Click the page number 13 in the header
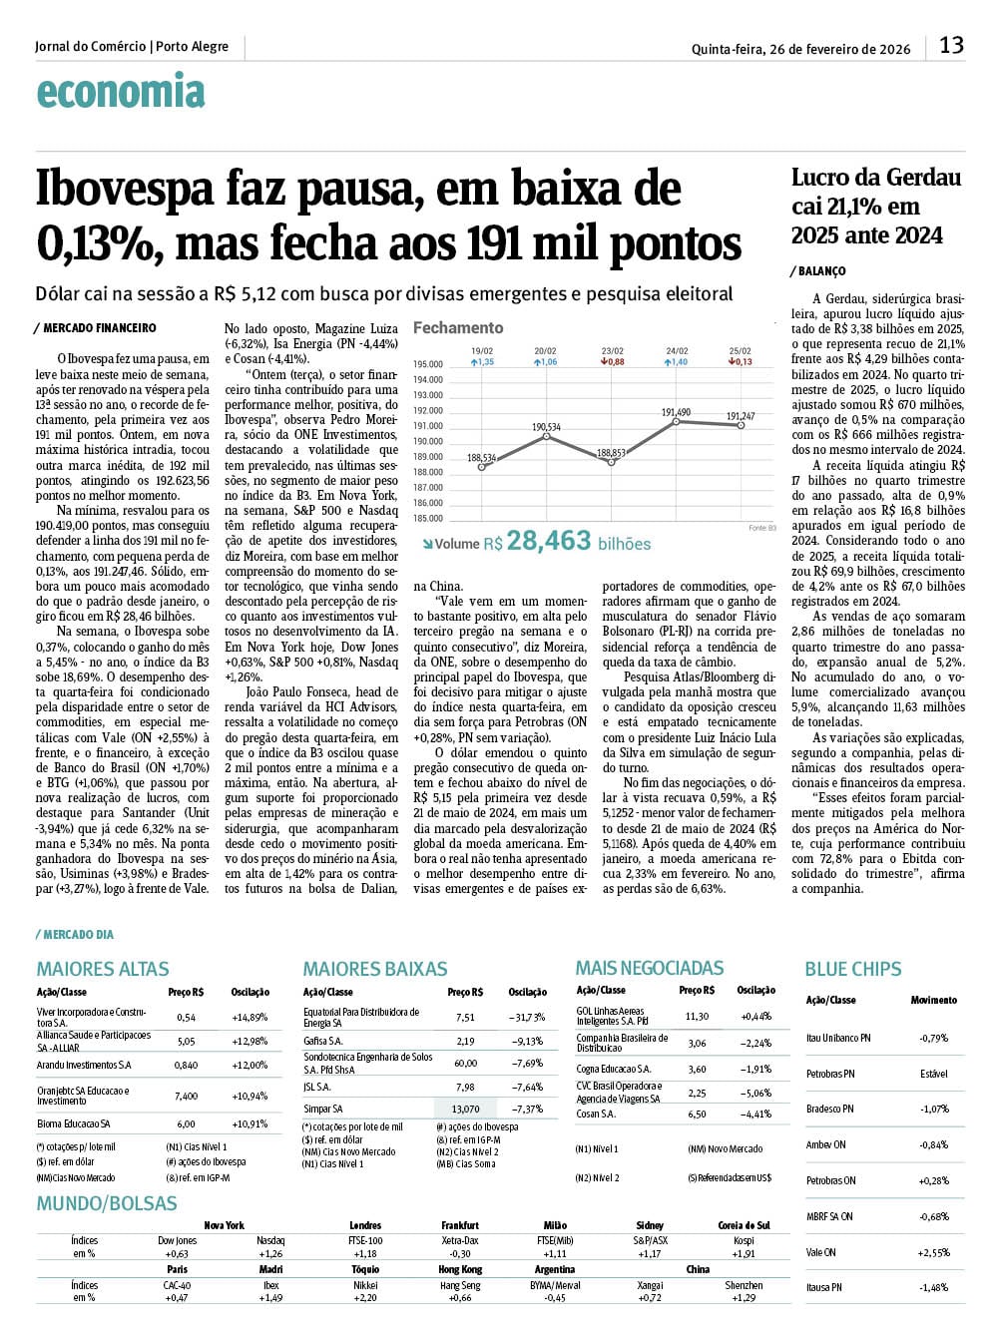click(951, 45)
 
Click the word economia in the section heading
click(121, 92)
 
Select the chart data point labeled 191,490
click(677, 421)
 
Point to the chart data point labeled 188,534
click(482, 467)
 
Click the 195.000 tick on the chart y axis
click(427, 364)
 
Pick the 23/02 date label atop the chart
click(612, 351)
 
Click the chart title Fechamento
click(458, 327)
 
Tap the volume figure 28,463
click(549, 541)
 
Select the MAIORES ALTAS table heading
click(103, 969)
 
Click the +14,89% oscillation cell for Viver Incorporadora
click(250, 1018)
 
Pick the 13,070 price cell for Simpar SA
click(465, 1109)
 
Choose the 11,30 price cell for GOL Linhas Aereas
click(697, 1016)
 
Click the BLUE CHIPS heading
click(852, 969)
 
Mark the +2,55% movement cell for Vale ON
click(934, 1252)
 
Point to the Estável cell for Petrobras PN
click(934, 1074)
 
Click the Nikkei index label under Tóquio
click(365, 1285)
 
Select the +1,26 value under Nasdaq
click(270, 1254)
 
